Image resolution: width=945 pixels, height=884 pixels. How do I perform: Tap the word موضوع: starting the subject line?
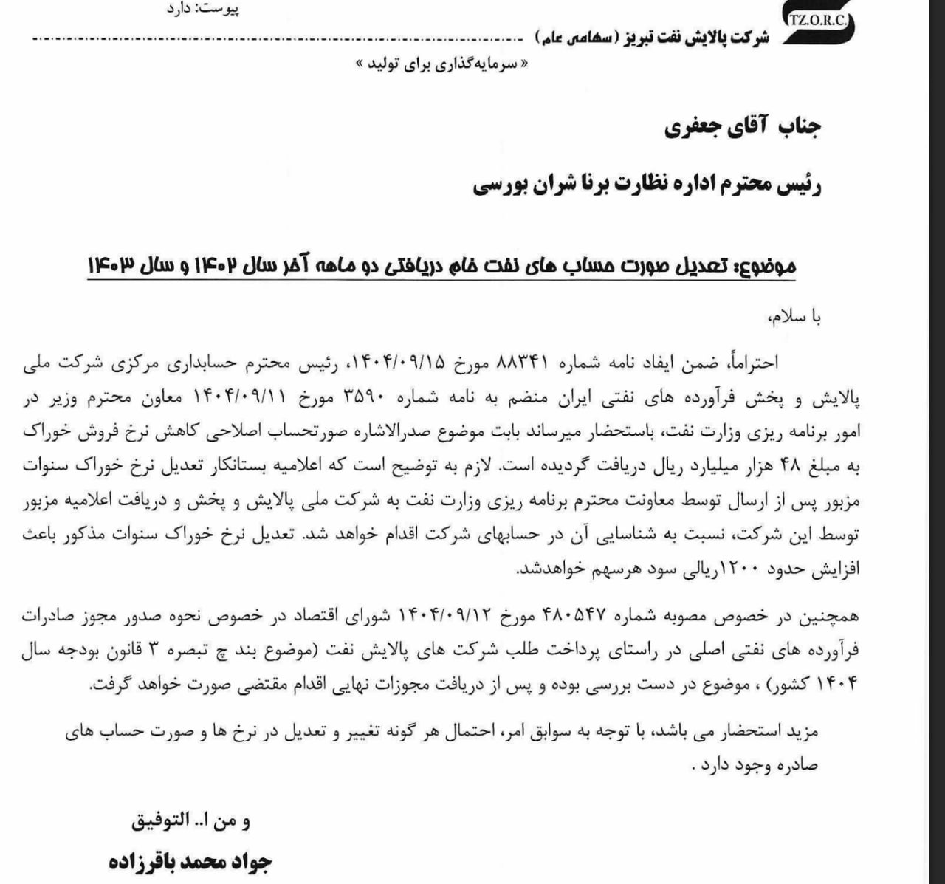click(x=767, y=266)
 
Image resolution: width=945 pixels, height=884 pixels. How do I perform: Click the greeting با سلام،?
click(x=794, y=317)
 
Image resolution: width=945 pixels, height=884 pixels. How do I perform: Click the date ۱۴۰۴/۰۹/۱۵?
click(x=399, y=362)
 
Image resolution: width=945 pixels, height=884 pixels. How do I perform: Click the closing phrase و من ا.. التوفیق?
click(x=191, y=820)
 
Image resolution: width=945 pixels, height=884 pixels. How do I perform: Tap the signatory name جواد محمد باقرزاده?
click(x=191, y=862)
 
